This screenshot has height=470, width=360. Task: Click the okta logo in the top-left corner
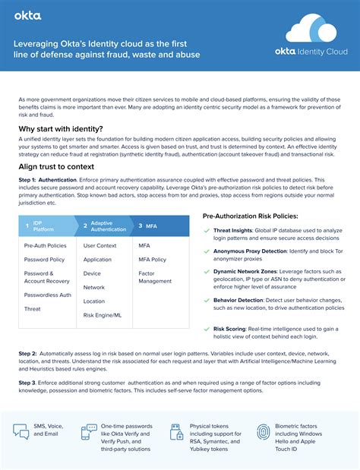click(28, 15)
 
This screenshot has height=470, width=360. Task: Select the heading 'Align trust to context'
click(56, 166)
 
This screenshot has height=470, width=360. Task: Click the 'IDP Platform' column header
click(44, 226)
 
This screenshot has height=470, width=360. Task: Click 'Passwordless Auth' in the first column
click(47, 295)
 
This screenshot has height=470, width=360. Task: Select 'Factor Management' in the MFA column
click(156, 276)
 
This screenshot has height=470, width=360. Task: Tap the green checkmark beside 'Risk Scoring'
click(206, 329)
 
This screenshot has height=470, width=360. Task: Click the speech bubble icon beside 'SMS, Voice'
click(21, 431)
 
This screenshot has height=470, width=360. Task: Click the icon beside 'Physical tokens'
click(175, 430)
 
